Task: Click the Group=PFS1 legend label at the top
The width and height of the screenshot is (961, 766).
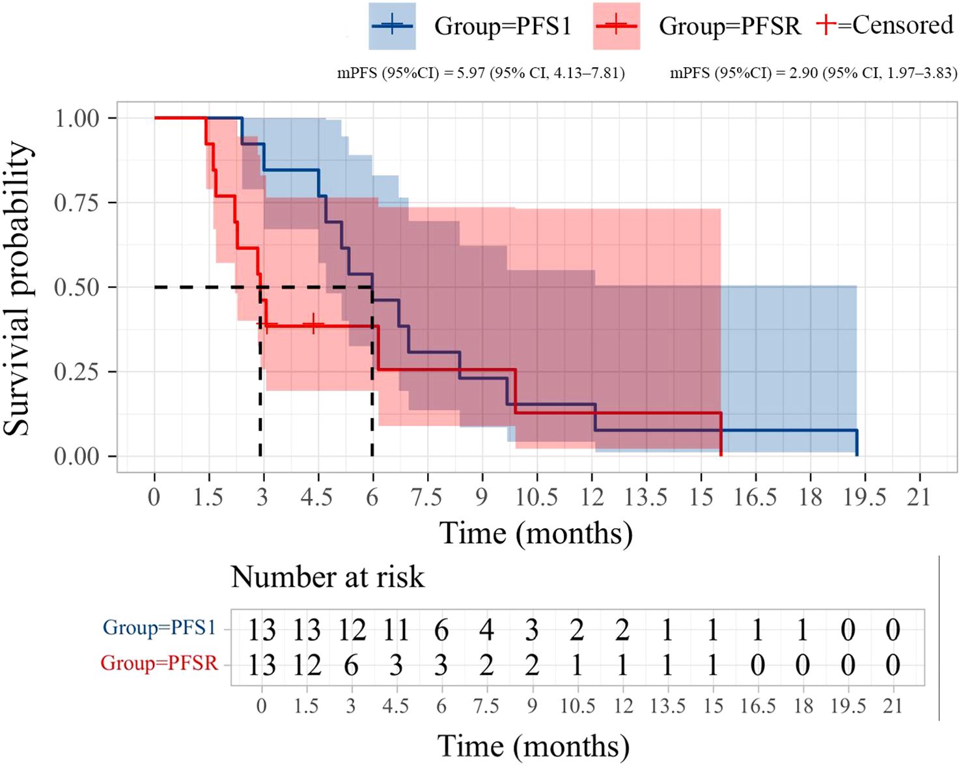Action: (x=503, y=26)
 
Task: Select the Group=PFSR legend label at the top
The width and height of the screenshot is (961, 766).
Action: (x=729, y=26)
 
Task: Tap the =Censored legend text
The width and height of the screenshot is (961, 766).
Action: (x=895, y=25)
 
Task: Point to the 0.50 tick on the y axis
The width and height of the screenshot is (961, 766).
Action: (x=76, y=287)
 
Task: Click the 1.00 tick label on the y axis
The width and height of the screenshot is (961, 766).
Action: (x=76, y=119)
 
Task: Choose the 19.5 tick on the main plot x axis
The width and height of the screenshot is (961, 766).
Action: (x=865, y=497)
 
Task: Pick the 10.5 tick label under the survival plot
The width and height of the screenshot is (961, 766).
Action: (x=536, y=497)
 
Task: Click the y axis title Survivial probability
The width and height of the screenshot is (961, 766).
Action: (x=18, y=289)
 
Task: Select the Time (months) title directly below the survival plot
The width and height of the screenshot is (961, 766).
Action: (x=536, y=533)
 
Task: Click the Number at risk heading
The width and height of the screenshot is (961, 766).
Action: (x=327, y=577)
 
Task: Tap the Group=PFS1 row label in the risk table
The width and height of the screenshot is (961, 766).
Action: (x=160, y=627)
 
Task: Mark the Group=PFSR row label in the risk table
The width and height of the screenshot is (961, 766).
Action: (x=160, y=663)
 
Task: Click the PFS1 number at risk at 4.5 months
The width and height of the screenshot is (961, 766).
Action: (x=396, y=630)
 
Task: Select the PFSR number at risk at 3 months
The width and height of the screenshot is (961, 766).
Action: (x=351, y=665)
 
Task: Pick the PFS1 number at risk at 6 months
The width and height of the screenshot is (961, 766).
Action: (x=441, y=630)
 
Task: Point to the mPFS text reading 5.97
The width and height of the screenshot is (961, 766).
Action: (x=480, y=73)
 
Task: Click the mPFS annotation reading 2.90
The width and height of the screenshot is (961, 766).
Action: (x=813, y=73)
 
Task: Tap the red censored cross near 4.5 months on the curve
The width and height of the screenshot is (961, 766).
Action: (x=313, y=324)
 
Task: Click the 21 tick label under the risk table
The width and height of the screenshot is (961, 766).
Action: (x=893, y=706)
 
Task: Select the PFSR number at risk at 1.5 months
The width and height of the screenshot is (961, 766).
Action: (x=306, y=665)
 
